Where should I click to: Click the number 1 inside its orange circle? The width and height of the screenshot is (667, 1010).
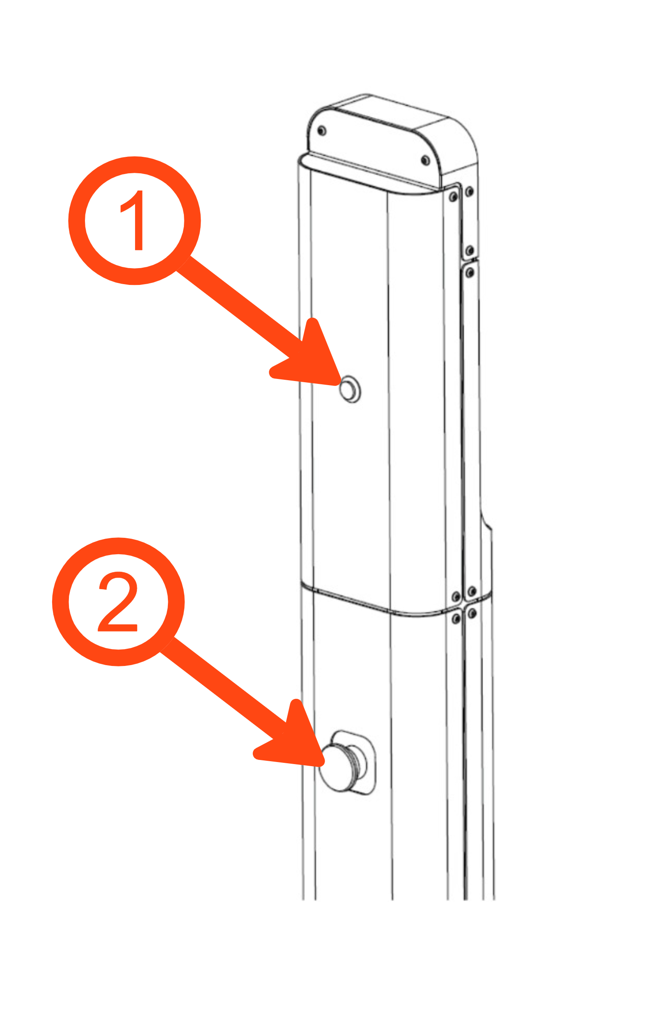tap(132, 220)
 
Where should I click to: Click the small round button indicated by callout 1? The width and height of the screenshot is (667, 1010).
tap(350, 389)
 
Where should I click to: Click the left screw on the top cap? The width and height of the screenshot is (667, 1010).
tap(322, 131)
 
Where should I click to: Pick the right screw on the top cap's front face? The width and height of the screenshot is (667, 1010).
tap(425, 161)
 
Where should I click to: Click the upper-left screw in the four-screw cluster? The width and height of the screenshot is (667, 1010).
tap(456, 597)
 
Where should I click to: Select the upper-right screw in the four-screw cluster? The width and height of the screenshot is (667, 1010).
tap(472, 591)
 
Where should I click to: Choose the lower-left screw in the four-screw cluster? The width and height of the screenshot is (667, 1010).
tap(456, 619)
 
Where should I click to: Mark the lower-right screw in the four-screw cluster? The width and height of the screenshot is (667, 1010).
tap(472, 613)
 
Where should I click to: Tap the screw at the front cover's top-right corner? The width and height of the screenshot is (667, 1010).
tap(454, 197)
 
